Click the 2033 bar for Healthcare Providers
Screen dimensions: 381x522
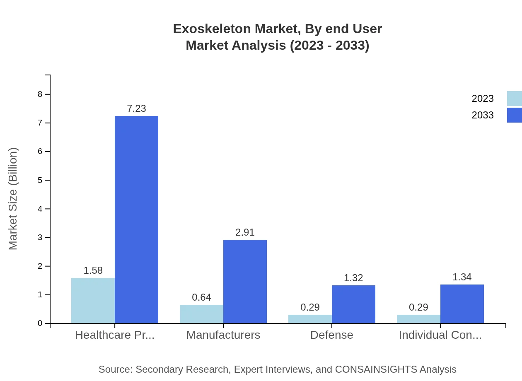[x=136, y=219]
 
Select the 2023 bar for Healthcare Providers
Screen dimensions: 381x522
[x=93, y=300]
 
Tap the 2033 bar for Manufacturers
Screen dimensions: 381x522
[x=245, y=281]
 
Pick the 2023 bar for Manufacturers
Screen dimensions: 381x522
[x=201, y=314]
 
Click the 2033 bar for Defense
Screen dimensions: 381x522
[x=353, y=304]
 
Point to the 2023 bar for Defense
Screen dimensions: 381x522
[x=310, y=319]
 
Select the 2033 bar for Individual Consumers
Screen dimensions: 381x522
[x=462, y=304]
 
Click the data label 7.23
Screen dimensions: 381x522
[x=136, y=109]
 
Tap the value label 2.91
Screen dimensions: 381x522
[x=245, y=232]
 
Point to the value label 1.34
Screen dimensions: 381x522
[x=462, y=277]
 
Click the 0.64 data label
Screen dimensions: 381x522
[x=201, y=297]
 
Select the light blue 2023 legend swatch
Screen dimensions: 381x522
[x=514, y=99]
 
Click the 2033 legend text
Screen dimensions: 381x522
[x=483, y=115]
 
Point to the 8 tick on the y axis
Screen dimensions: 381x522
[x=40, y=94]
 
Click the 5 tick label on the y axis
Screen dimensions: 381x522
[x=40, y=181]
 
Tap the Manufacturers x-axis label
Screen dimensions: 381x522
[x=223, y=335]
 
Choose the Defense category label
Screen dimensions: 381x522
[x=332, y=335]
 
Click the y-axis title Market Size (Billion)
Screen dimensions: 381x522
[x=13, y=199]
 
